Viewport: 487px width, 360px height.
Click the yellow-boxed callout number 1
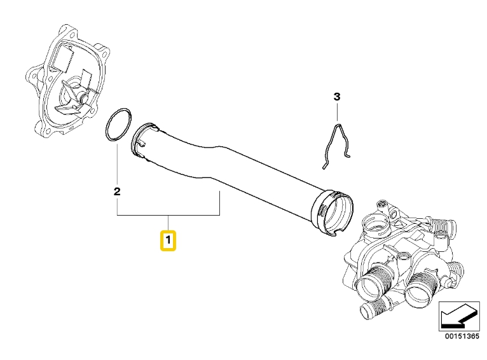(168, 241)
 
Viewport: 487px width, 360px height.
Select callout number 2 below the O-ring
(117, 191)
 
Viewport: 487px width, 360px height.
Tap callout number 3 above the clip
(338, 97)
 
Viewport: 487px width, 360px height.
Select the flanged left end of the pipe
(144, 139)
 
